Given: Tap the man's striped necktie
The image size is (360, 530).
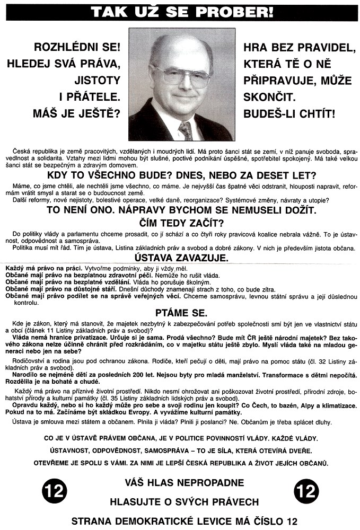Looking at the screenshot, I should coord(186,129).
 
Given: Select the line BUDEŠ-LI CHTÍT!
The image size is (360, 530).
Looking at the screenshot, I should coord(289,113).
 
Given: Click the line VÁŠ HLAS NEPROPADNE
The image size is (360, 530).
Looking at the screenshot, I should coord(177,483).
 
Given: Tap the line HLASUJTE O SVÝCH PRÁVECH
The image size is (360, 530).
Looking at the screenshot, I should coord(177,501).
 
